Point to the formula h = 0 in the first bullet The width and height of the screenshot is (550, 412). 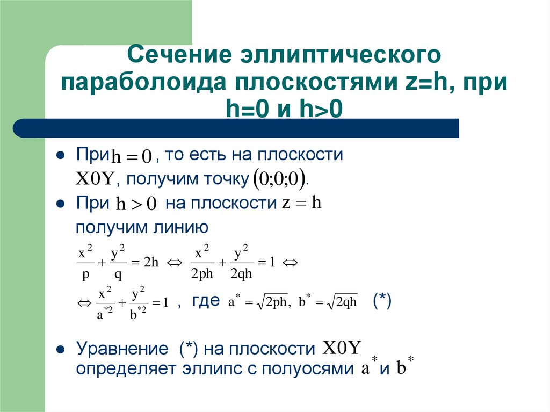(x=131, y=157)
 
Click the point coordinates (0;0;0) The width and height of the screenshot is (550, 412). (x=280, y=178)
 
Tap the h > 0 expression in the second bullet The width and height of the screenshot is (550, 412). (x=136, y=204)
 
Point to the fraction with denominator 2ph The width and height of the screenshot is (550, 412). (x=202, y=263)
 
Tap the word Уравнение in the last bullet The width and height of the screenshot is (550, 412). (x=122, y=349)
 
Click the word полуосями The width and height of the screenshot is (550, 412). (x=301, y=369)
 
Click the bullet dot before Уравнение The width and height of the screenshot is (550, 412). (x=61, y=349)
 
